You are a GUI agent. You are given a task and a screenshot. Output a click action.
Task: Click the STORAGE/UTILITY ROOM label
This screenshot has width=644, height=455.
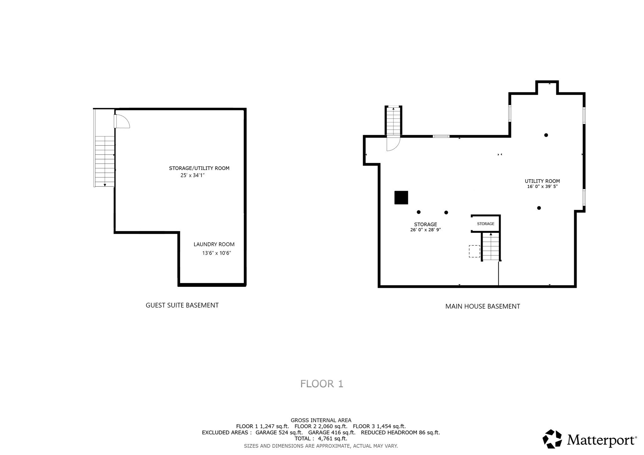(199, 168)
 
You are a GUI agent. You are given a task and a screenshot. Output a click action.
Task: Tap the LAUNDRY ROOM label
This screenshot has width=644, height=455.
(214, 244)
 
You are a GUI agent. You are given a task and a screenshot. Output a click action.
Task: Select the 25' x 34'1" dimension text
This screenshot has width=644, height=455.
(192, 175)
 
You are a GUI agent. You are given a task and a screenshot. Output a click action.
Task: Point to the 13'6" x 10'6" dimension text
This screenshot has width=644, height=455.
(216, 253)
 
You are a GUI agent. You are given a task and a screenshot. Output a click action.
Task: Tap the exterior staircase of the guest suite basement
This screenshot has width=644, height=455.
(104, 161)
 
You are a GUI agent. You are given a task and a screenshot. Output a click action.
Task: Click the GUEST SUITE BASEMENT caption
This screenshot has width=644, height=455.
(182, 305)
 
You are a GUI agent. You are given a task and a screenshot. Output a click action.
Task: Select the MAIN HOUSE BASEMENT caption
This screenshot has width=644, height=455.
(482, 306)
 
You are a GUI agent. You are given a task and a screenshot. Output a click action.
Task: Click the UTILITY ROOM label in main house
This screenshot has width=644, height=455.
(542, 181)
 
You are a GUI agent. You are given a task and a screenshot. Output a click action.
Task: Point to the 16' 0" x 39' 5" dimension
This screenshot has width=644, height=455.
(542, 186)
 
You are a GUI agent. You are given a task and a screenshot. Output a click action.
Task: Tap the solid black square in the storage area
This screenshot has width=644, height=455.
(401, 198)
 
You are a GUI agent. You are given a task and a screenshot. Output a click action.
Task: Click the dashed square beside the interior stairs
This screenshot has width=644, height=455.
(474, 251)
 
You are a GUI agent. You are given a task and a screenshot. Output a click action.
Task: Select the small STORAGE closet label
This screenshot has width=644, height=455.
(486, 224)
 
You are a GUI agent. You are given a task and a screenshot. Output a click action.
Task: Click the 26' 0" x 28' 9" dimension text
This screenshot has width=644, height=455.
(425, 230)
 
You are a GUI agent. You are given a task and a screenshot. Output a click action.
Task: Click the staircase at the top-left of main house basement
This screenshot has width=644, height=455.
(393, 121)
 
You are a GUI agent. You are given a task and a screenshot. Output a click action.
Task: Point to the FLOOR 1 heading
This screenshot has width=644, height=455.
(321, 384)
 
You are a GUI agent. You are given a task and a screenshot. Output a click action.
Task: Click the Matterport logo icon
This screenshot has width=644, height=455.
(552, 439)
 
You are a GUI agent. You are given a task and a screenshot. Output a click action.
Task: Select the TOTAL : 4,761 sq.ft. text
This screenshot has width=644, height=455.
(321, 438)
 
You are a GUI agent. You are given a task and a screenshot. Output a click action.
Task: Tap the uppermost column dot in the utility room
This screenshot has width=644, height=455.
(546, 135)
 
